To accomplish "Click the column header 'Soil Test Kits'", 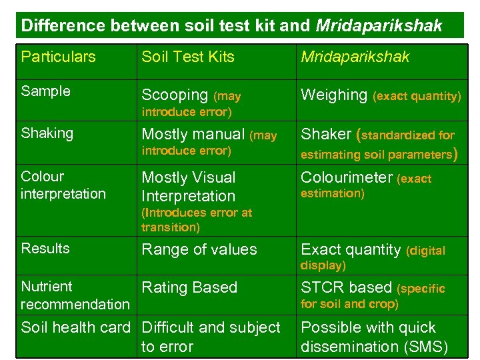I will [x=188, y=57].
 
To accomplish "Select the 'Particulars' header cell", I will [x=59, y=57].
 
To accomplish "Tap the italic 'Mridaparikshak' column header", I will [x=355, y=57].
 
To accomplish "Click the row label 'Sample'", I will [x=45, y=91].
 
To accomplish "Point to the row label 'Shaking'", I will [x=47, y=133].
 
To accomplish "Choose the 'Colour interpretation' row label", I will [x=63, y=185].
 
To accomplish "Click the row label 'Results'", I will [x=45, y=249].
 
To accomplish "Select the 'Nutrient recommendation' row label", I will [x=75, y=295].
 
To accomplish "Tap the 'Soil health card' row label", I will [x=76, y=328].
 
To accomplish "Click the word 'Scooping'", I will [x=175, y=95].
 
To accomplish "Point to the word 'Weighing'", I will [x=334, y=95].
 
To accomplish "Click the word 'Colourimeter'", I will [x=347, y=177].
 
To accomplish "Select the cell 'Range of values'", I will [x=199, y=250].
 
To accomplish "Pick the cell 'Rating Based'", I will [x=190, y=288].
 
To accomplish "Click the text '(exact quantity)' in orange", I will [x=417, y=97].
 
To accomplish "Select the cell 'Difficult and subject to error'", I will [x=211, y=337].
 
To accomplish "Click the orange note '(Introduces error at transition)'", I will [x=197, y=220].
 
